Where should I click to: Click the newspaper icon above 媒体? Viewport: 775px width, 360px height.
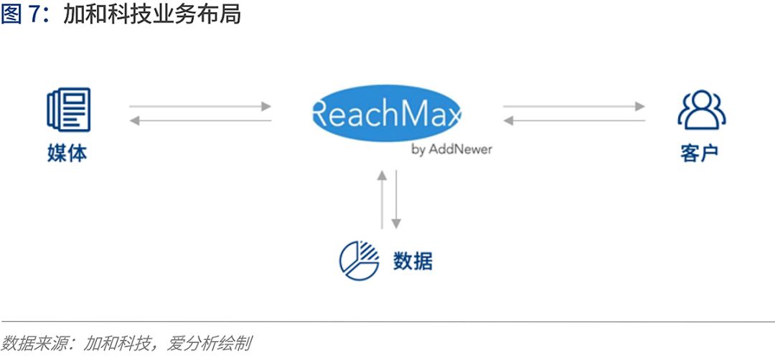(x=69, y=109)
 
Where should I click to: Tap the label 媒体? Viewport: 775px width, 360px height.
(x=67, y=153)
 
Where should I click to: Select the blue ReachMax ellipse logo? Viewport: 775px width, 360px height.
(x=386, y=113)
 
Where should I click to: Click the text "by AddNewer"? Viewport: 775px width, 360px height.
(x=452, y=149)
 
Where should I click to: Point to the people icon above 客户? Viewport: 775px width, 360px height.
(x=701, y=110)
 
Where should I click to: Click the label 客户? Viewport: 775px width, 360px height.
(x=700, y=153)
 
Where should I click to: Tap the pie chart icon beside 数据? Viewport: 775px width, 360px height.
(x=360, y=261)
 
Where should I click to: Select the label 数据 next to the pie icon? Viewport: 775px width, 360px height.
(x=413, y=261)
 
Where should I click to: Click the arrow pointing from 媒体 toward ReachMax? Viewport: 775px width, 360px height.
(x=200, y=106)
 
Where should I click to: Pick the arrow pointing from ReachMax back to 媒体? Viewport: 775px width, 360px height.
(x=200, y=120)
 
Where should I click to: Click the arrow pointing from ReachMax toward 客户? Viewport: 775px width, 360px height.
(x=574, y=106)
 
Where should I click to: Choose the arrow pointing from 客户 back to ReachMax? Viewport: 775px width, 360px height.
(x=574, y=120)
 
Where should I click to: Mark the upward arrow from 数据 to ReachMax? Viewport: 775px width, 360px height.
(x=382, y=199)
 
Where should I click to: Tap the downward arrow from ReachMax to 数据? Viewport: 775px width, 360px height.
(x=396, y=199)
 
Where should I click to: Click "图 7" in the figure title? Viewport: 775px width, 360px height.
(x=19, y=15)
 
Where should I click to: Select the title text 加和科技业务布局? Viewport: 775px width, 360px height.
(x=152, y=15)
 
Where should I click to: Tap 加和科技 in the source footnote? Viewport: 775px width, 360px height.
(x=117, y=343)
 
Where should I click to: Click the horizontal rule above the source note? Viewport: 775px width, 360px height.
(x=387, y=321)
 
